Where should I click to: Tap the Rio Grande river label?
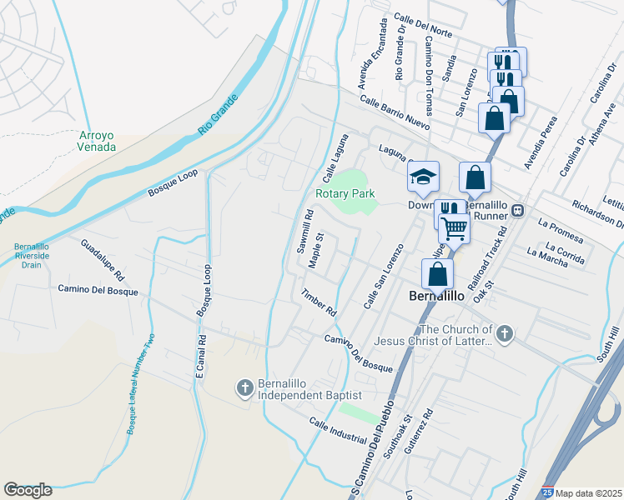[219, 115]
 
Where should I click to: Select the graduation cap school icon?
[423, 177]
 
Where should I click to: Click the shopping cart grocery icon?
[454, 227]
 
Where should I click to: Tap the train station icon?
[517, 210]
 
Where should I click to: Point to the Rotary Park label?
[345, 193]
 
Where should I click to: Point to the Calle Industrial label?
[337, 431]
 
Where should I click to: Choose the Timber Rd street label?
[319, 302]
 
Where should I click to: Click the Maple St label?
[315, 250]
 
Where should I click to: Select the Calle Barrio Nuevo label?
[395, 112]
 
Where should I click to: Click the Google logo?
[28, 490]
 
